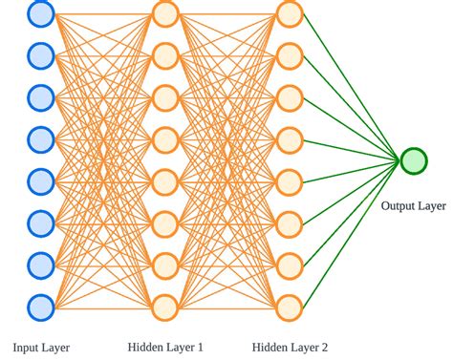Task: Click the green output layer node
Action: tap(414, 160)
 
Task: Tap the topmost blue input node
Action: tap(41, 13)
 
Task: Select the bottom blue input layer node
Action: tap(41, 307)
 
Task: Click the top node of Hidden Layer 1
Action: tap(165, 13)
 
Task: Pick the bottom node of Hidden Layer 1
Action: tap(165, 307)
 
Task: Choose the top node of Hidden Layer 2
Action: tap(290, 13)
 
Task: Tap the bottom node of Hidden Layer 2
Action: tap(290, 307)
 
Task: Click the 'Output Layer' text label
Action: tap(413, 205)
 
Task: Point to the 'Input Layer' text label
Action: tap(41, 347)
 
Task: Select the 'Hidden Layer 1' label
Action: tap(165, 347)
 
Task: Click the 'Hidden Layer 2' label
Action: tap(290, 347)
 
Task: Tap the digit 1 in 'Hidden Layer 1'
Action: tap(200, 347)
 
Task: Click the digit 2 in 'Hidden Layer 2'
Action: tap(324, 347)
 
